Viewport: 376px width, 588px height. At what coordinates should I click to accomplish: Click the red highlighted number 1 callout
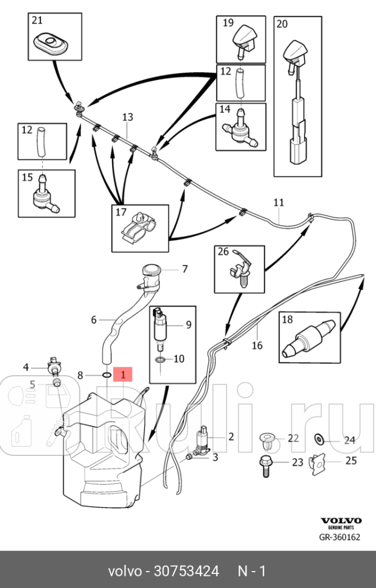pos(123,375)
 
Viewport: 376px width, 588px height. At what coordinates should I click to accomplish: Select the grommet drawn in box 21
pos(50,43)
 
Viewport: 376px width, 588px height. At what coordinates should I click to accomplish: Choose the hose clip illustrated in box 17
pos(140,230)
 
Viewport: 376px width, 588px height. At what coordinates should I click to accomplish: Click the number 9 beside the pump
pos(188,325)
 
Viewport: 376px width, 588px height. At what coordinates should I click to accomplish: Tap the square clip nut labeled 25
pos(317,463)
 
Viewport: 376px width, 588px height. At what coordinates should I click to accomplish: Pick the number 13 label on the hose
pos(127,116)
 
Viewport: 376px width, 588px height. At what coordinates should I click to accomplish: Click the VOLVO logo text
pos(341,521)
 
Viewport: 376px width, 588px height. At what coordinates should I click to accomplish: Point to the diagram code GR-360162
pos(340,537)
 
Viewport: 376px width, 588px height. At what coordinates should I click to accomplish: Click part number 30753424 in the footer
pos(186,571)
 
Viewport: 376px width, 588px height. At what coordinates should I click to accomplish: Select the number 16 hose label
pos(257,346)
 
